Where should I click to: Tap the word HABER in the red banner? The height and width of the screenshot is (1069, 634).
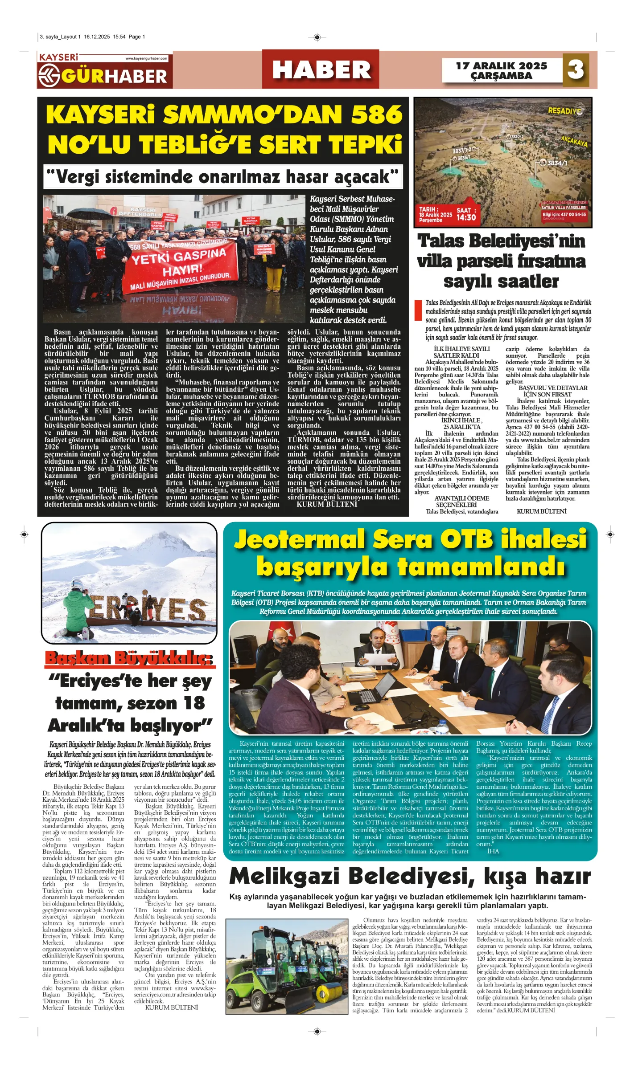click(x=321, y=70)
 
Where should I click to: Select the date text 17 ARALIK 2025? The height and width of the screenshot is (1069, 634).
click(x=501, y=66)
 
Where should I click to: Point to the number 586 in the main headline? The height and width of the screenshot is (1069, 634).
click(x=377, y=115)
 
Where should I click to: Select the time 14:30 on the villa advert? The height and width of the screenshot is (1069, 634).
click(x=466, y=217)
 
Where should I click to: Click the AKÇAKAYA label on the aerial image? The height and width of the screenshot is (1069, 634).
click(x=574, y=141)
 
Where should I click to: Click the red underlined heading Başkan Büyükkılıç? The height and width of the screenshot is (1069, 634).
click(x=129, y=658)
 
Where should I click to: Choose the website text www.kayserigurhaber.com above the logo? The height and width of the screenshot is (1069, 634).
click(x=146, y=58)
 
